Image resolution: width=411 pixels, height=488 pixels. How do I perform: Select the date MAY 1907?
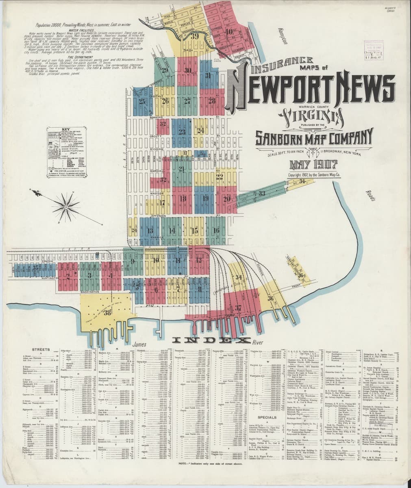click(313, 166)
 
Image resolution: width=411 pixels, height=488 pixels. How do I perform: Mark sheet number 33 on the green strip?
click(262, 193)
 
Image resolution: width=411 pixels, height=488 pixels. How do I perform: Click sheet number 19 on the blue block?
click(205, 199)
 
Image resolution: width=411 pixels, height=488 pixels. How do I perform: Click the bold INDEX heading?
click(210, 340)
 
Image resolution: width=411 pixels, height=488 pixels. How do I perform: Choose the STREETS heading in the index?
click(41, 350)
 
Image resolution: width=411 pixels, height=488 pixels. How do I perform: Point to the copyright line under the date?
click(313, 175)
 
